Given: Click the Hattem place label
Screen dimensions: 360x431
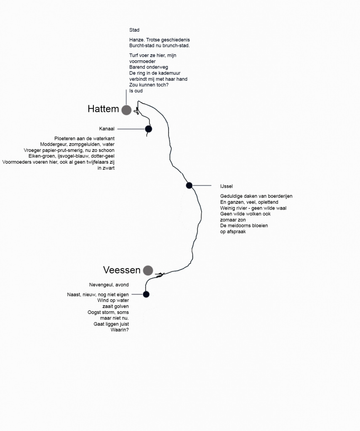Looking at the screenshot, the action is [x=103, y=109].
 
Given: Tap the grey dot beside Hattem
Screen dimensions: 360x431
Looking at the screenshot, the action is [x=126, y=110].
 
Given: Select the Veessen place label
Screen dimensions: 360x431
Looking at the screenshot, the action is [x=122, y=270].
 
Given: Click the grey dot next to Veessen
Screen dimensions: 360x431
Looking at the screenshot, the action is [x=148, y=271].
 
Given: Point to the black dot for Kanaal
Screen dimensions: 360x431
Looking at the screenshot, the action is [x=149, y=129].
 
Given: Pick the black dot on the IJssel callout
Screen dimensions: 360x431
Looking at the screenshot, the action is [x=189, y=186].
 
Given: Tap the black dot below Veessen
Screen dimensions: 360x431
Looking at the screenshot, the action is [x=146, y=294].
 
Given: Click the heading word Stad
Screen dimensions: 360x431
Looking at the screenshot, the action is [x=134, y=30].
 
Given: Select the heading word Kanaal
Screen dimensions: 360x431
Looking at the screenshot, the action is [x=107, y=129].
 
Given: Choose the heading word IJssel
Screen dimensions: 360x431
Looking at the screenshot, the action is [x=227, y=186].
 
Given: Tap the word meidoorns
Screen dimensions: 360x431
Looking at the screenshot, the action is [x=244, y=226].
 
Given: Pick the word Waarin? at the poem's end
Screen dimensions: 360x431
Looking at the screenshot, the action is [x=120, y=330].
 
